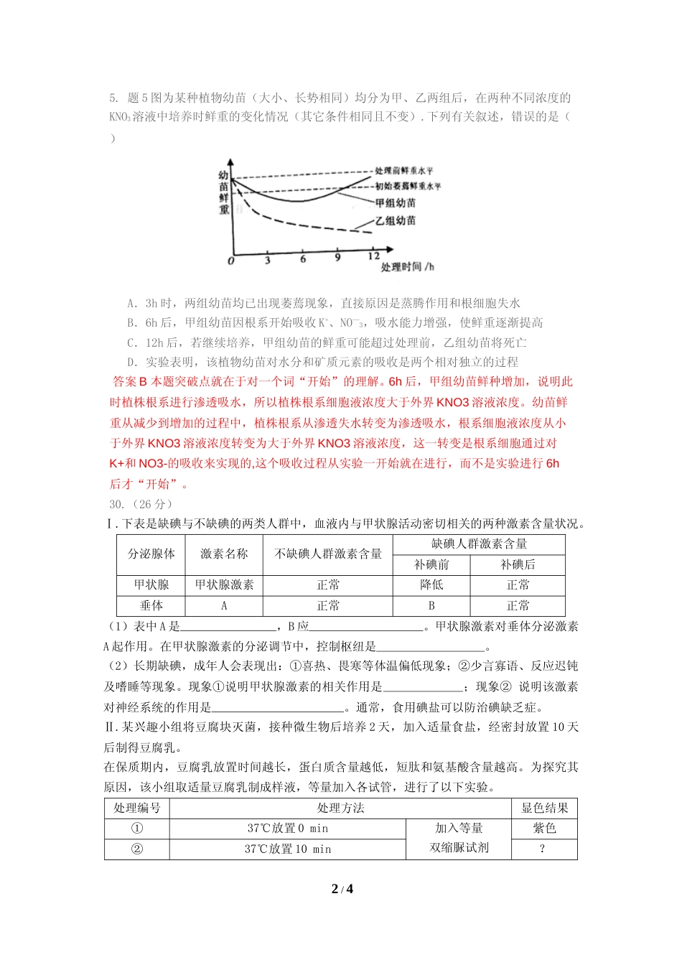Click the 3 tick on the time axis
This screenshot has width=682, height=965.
click(267, 261)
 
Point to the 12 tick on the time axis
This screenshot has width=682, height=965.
click(374, 256)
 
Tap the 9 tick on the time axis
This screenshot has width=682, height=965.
click(337, 258)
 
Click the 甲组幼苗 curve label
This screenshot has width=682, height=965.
click(396, 203)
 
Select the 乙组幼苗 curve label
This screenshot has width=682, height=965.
click(396, 221)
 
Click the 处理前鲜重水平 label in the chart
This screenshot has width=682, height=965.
click(404, 171)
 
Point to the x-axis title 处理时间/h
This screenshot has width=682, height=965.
click(407, 267)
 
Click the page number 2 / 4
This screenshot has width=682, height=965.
click(342, 889)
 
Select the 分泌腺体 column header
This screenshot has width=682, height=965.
click(151, 554)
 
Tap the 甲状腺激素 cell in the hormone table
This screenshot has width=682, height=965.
click(224, 585)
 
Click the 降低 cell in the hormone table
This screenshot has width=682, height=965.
click(431, 585)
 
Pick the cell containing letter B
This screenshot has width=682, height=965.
click(431, 606)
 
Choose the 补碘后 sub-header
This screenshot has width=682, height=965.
click(518, 564)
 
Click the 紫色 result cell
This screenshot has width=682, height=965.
click(544, 829)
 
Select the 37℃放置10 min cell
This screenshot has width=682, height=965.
click(287, 849)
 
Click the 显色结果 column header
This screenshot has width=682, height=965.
click(544, 808)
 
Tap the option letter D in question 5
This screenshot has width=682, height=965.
click(132, 363)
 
